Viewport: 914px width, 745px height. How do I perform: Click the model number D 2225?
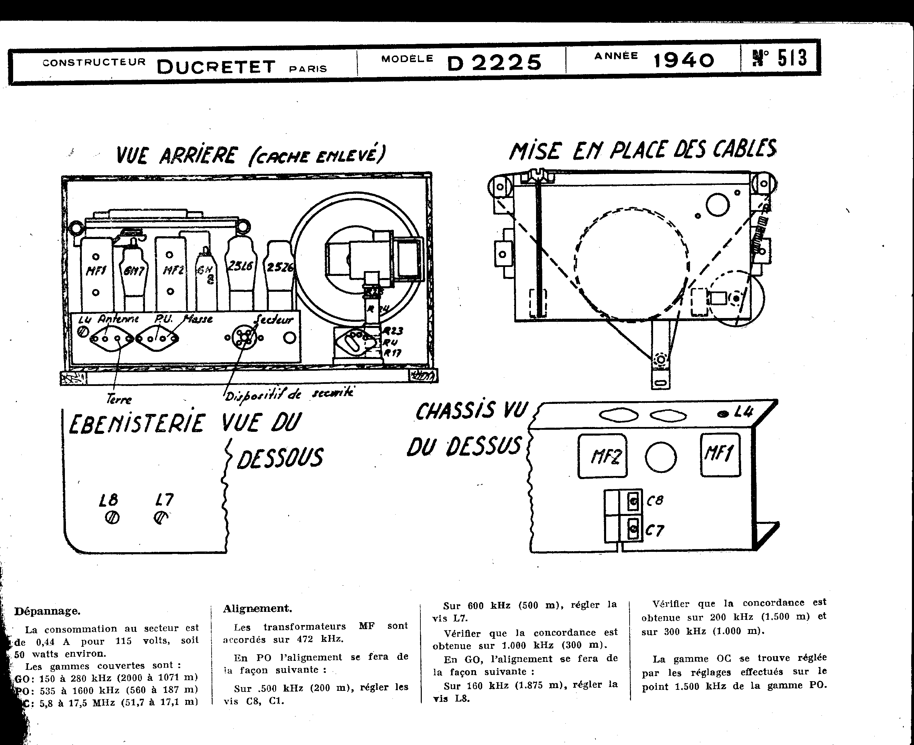tap(494, 63)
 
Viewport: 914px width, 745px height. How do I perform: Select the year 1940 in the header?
tap(683, 60)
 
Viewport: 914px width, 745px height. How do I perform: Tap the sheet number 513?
tap(793, 58)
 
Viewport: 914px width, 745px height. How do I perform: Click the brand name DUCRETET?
tap(216, 67)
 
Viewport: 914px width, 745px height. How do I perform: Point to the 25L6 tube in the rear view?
tap(241, 267)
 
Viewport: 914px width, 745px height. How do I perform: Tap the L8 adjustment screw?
tap(112, 518)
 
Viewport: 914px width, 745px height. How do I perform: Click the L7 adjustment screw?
tap(160, 518)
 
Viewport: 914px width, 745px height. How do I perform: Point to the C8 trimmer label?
tap(655, 500)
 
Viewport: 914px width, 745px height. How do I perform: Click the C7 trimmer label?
tap(655, 531)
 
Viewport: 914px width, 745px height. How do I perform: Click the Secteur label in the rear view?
tap(274, 319)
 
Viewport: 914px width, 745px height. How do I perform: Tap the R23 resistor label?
tap(393, 331)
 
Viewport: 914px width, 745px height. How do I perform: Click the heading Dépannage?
tap(47, 611)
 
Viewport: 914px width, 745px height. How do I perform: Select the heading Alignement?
tap(257, 608)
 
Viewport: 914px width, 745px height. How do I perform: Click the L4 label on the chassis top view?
tap(744, 412)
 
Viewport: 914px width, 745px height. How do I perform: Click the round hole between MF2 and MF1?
tap(661, 457)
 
